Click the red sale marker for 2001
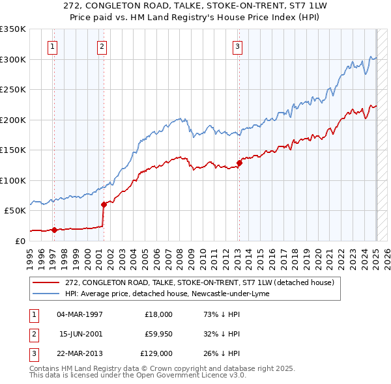point(104,204)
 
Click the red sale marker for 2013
point(239,163)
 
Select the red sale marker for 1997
point(54,229)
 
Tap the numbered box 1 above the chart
point(52,46)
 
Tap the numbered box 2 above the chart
point(102,46)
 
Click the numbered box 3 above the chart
point(238,46)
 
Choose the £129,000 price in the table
point(158,353)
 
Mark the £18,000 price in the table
point(158,314)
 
